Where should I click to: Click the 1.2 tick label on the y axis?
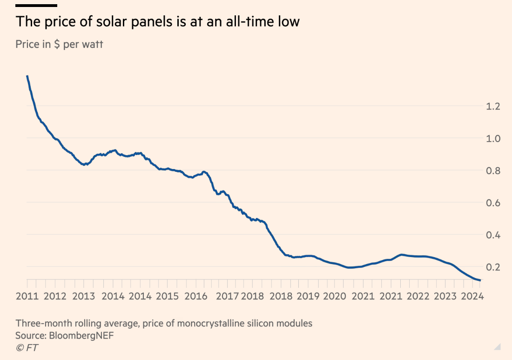coord(493,106)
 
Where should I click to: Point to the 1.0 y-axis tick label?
coord(493,138)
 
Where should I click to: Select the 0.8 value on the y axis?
coord(493,170)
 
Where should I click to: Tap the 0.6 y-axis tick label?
coord(493,203)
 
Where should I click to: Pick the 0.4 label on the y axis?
coord(493,235)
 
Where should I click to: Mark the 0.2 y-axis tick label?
coord(493,267)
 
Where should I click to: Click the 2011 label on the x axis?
coord(28,296)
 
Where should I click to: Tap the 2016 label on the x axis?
coord(195,296)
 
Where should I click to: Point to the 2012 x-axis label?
coord(56,296)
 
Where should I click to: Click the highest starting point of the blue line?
coord(27,76)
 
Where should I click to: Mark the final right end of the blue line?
coord(480,280)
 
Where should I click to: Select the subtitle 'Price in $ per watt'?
coord(59,44)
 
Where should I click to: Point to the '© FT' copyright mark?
coord(27,347)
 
